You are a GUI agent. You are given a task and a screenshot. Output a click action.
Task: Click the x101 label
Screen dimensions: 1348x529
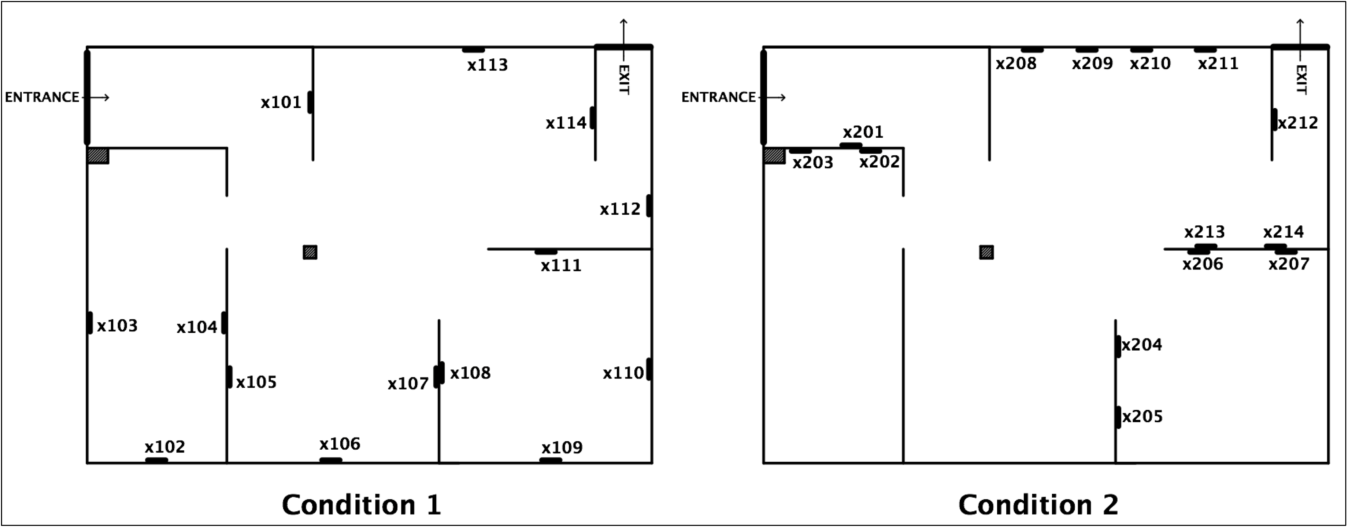pos(281,102)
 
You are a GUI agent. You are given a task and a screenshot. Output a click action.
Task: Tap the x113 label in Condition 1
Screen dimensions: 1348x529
pos(487,65)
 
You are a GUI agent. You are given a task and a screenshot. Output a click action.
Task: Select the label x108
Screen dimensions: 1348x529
pos(470,373)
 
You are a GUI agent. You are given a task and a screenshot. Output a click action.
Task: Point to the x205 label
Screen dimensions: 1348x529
pos(1142,416)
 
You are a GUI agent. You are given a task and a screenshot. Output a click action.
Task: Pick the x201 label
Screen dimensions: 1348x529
pos(863,132)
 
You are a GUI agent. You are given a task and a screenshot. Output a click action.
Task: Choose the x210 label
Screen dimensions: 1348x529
pos(1150,63)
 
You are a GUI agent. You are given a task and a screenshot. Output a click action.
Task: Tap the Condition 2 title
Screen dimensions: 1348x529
pos(1038,504)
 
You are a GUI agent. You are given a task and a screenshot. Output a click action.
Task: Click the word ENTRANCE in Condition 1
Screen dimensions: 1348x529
pos(42,97)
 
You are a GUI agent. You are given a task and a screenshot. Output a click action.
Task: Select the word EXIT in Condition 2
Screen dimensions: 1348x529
pos(1301,80)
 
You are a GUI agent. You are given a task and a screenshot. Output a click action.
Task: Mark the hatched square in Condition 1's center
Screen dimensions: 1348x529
pos(310,253)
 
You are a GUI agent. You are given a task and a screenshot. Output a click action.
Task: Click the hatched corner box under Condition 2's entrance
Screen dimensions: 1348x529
pos(775,156)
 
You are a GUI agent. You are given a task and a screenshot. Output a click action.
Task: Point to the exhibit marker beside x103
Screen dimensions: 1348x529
pos(90,323)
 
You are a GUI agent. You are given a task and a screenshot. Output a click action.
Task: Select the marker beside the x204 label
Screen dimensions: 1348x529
pos(1118,346)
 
